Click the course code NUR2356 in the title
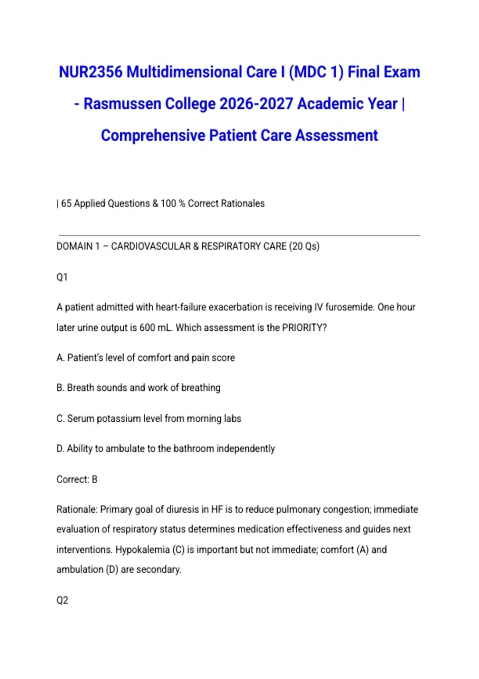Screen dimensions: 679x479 [91, 72]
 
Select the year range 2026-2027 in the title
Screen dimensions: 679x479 [256, 104]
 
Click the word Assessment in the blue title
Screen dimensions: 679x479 [336, 135]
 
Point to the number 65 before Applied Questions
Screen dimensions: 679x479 [66, 203]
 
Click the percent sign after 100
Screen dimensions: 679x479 [182, 203]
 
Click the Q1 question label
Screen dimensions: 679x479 [62, 277]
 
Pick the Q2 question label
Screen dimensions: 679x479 [62, 600]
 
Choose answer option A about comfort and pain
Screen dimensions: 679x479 [146, 357]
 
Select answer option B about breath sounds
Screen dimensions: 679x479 [139, 387]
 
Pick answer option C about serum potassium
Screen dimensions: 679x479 [149, 418]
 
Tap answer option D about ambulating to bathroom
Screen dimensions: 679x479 [166, 449]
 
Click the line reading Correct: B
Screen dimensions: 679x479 [77, 479]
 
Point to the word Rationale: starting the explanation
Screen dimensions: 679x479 [77, 509]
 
